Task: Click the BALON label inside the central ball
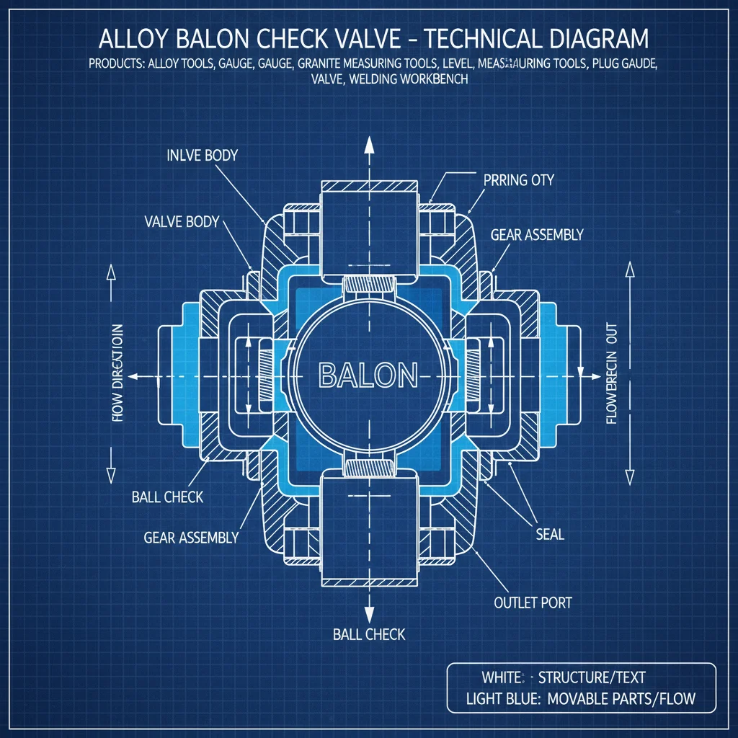368,375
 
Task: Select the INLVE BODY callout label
202,156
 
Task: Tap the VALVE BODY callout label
181,222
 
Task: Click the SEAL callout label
550,535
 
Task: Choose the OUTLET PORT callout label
533,602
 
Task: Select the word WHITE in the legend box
502,677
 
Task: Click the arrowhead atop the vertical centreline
369,144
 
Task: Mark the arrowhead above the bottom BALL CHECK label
369,614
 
